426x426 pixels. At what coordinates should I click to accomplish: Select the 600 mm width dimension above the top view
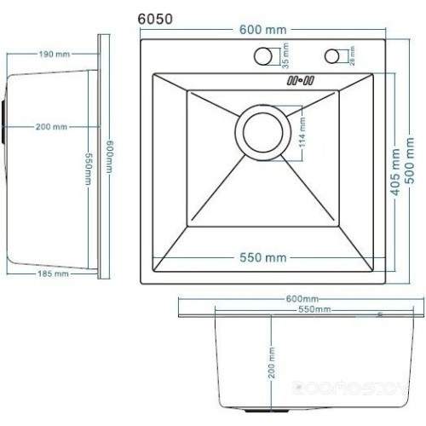tap(262, 31)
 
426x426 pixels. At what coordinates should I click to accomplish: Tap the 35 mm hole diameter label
tap(285, 56)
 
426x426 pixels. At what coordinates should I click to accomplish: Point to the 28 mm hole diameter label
tap(351, 57)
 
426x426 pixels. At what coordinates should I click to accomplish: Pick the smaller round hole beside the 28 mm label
tap(331, 57)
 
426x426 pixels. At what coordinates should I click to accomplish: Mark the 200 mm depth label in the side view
tap(50, 127)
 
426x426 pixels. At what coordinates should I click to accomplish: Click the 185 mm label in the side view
tap(53, 274)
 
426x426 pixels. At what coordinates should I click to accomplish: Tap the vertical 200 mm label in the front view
tap(272, 364)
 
